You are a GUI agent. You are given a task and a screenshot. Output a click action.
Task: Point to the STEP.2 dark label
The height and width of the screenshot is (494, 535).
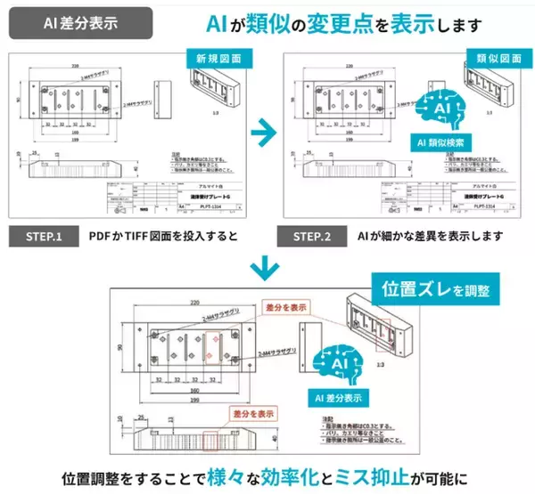pos(316,237)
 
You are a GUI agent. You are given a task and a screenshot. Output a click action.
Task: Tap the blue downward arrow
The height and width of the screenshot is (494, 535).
pos(264,266)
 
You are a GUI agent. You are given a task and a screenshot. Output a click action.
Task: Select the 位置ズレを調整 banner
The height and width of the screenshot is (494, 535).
pos(437,290)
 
